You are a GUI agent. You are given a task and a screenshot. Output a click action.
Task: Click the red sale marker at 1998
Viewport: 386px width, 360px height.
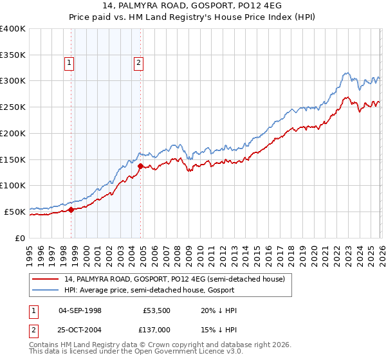(71, 210)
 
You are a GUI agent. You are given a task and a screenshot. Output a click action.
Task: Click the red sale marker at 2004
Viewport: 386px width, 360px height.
(140, 166)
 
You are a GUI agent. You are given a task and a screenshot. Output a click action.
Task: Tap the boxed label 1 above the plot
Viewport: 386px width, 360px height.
(69, 62)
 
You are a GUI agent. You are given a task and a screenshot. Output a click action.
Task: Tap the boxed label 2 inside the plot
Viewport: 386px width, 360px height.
(138, 62)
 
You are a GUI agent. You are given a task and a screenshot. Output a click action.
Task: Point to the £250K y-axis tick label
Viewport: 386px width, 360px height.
(12, 107)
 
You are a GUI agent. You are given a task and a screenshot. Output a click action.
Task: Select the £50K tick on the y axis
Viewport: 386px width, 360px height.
(15, 211)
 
